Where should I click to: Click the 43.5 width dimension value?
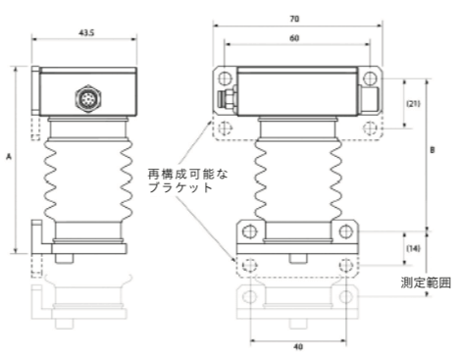[86, 33]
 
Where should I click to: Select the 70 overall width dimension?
[294, 19]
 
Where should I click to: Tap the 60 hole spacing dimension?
[294, 38]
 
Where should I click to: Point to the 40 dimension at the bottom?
[298, 346]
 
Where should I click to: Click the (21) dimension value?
[413, 104]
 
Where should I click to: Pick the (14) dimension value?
[413, 248]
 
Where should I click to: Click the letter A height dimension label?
[9, 157]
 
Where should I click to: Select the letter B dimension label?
[432, 150]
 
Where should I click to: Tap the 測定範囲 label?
[426, 283]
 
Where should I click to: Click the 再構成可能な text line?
[187, 174]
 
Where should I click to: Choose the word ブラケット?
[180, 187]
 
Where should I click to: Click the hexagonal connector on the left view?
[88, 98]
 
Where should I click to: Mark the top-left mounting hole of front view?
[225, 78]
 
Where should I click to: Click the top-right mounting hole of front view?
[370, 78]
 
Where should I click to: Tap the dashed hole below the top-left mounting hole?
[225, 128]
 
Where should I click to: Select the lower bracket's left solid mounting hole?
[249, 231]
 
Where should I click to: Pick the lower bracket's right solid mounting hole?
[346, 231]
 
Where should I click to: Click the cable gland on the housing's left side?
[228, 98]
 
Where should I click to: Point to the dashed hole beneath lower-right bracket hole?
[346, 265]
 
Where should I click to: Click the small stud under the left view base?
[65, 258]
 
